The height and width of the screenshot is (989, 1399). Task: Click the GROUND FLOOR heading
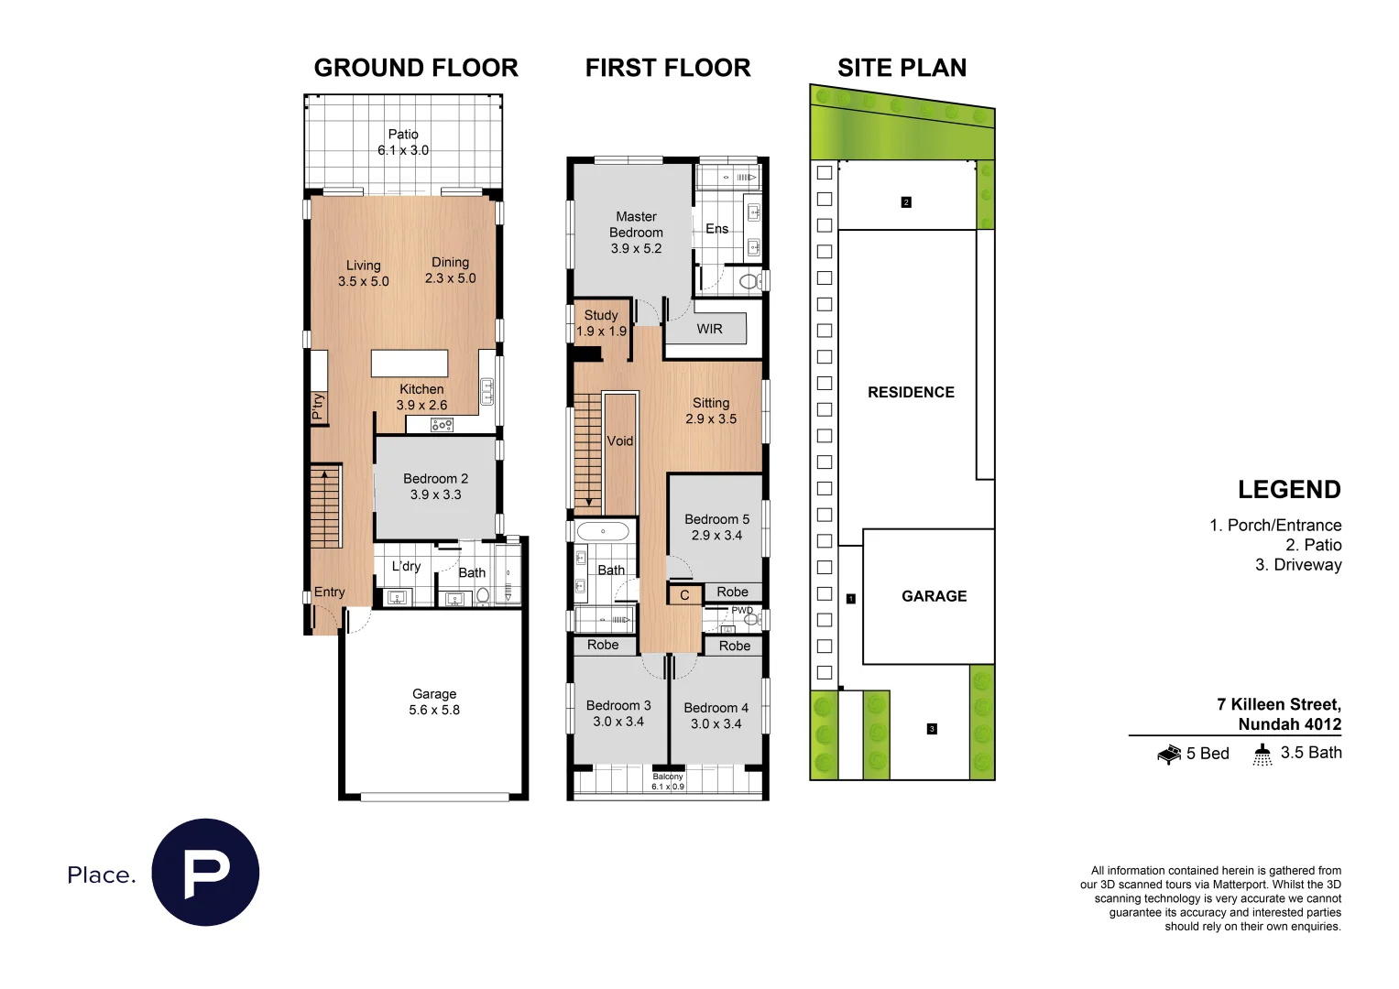[416, 68]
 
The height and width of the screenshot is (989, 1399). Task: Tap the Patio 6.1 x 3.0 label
[403, 142]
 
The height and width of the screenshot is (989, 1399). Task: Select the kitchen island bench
[410, 364]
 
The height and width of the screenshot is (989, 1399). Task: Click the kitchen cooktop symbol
[442, 425]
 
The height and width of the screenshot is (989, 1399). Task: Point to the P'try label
[318, 406]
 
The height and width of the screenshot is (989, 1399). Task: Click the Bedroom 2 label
[435, 486]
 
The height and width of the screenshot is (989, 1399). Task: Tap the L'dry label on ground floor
[406, 566]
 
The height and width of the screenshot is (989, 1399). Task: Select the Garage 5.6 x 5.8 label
[434, 701]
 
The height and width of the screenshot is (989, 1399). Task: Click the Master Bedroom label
[636, 232]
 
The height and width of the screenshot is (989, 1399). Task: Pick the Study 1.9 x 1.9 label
[601, 322]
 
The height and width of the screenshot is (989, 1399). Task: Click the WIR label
[709, 329]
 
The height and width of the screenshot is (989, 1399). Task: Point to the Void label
[620, 440]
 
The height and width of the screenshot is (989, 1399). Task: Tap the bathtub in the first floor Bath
[603, 531]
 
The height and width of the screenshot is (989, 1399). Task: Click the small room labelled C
[684, 595]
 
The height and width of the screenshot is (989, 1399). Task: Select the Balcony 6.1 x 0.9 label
[668, 781]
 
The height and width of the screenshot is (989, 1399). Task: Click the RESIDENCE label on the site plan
[911, 392]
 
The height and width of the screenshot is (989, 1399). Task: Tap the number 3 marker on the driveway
[932, 729]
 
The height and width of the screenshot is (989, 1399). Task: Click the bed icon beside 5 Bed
[1169, 755]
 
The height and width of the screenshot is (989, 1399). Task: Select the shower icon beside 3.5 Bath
[1262, 754]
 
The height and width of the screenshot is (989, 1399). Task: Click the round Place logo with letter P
[205, 872]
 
